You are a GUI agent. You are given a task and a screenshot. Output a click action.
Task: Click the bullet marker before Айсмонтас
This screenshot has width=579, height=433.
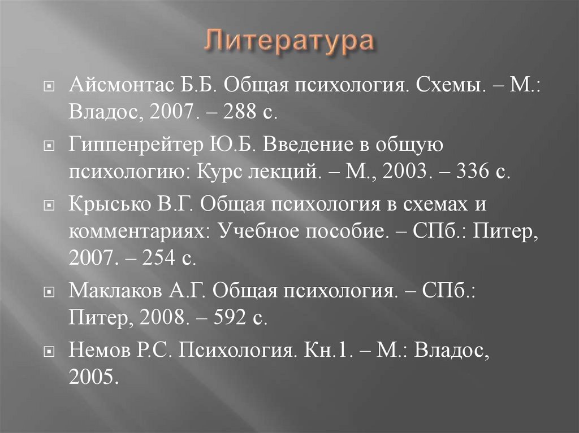pos(49,86)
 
